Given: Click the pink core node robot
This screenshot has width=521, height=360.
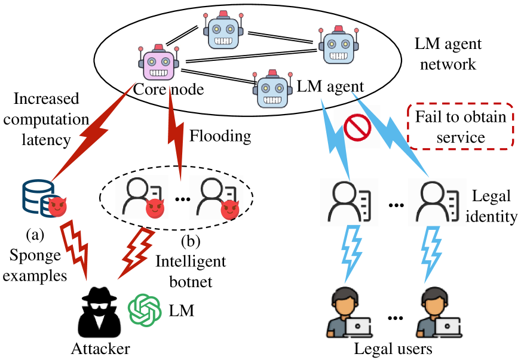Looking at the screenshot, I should tap(158, 63).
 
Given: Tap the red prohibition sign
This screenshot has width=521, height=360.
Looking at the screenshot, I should tap(358, 127).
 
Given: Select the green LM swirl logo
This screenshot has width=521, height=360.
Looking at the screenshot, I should tap(145, 309).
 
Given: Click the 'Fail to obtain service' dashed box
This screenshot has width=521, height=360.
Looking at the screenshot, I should tap(461, 127).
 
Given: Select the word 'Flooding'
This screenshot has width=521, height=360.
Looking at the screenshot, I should tap(220, 136).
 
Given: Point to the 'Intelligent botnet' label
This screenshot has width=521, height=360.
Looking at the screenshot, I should tap(191, 270).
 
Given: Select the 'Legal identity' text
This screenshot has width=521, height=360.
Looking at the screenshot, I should tap(494, 206).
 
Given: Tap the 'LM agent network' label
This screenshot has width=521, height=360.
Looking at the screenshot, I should tap(448, 54).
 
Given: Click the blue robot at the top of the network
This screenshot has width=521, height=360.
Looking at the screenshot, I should tap(225, 29).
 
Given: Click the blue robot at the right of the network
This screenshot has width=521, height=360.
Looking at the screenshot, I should tap(338, 46).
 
